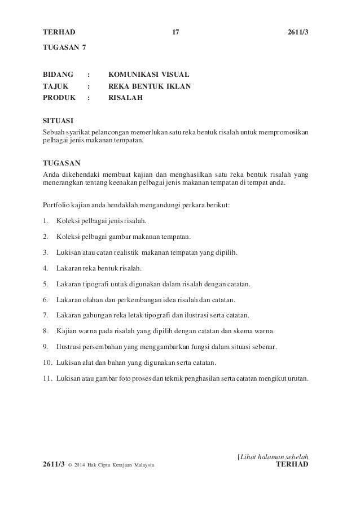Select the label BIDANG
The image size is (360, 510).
[59, 74]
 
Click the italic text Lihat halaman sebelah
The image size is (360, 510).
[274, 456]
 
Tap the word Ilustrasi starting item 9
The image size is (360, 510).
[71, 346]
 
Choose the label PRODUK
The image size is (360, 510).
[60, 98]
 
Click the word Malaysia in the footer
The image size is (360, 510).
[141, 465]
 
